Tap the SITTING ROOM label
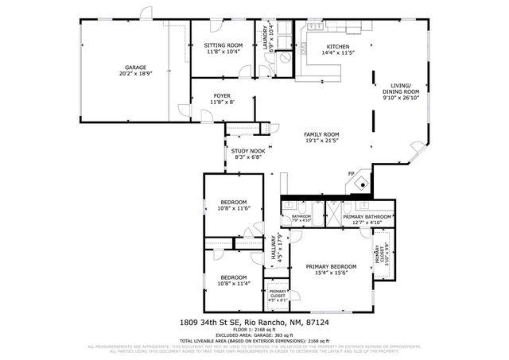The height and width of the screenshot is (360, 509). click(223, 45)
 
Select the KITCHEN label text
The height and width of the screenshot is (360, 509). click(336, 45)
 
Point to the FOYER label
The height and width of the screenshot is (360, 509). click(222, 95)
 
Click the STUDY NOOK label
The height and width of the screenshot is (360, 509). click(247, 150)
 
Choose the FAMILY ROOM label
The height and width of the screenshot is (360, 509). click(322, 134)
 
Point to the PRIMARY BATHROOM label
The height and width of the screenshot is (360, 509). click(367, 216)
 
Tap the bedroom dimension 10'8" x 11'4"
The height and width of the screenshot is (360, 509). click(234, 283)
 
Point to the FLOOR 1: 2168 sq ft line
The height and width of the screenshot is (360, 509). click(254, 328)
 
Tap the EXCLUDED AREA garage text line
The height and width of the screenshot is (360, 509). click(254, 335)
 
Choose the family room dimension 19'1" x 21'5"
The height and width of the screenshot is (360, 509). click(322, 141)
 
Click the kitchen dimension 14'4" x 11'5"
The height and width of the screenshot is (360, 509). click(336, 52)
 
